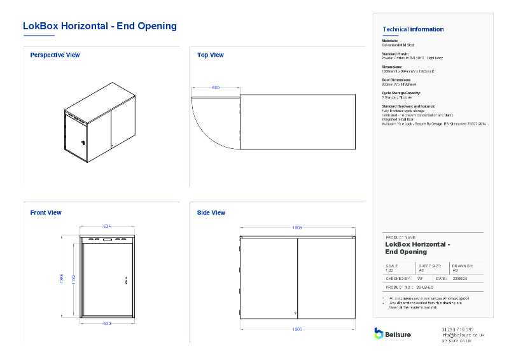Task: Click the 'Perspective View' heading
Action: tap(55, 55)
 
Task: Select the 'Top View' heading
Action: tap(210, 55)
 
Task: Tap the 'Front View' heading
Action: tap(46, 213)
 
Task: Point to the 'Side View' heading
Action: tap(211, 213)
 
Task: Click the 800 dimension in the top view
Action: tap(216, 87)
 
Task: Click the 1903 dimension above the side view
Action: tap(296, 227)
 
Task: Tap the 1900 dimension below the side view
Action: tap(296, 329)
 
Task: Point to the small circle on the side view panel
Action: tap(295, 312)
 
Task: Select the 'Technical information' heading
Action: tap(413, 29)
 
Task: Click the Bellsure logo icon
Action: tap(379, 333)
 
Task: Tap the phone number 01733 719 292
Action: tap(457, 329)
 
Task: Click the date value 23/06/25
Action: tap(460, 279)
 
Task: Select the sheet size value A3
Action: tap(421, 270)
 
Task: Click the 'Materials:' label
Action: tap(389, 41)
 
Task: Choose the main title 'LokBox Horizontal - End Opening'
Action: tap(99, 26)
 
